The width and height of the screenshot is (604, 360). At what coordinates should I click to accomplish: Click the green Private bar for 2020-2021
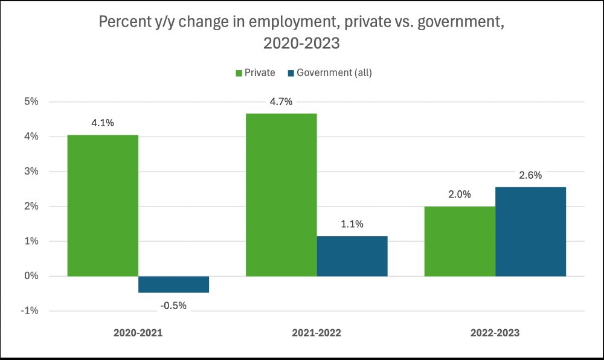point(103,205)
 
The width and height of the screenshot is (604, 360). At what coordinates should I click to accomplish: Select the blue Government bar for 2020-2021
point(173,284)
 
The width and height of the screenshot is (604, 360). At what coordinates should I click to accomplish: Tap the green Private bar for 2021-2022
point(281,194)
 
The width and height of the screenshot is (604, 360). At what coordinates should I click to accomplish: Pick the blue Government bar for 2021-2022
point(352,256)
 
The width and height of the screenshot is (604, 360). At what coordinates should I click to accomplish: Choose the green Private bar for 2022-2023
point(460,241)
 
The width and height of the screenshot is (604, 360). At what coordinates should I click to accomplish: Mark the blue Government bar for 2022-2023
point(530,231)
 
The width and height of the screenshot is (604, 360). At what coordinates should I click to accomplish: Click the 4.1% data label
point(103,123)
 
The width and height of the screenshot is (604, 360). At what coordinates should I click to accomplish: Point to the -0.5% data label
point(173,305)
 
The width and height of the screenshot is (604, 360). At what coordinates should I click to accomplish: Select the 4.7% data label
point(281,101)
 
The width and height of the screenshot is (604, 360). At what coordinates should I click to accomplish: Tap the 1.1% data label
point(352,224)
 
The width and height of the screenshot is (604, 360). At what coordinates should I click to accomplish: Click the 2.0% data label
point(460,194)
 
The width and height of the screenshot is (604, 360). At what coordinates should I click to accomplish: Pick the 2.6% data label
point(530,175)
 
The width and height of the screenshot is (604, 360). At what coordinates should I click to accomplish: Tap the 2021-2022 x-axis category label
point(316,332)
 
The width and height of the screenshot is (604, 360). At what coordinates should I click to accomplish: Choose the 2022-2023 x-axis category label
point(495,332)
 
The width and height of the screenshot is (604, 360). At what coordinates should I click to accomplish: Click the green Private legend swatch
point(239,73)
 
